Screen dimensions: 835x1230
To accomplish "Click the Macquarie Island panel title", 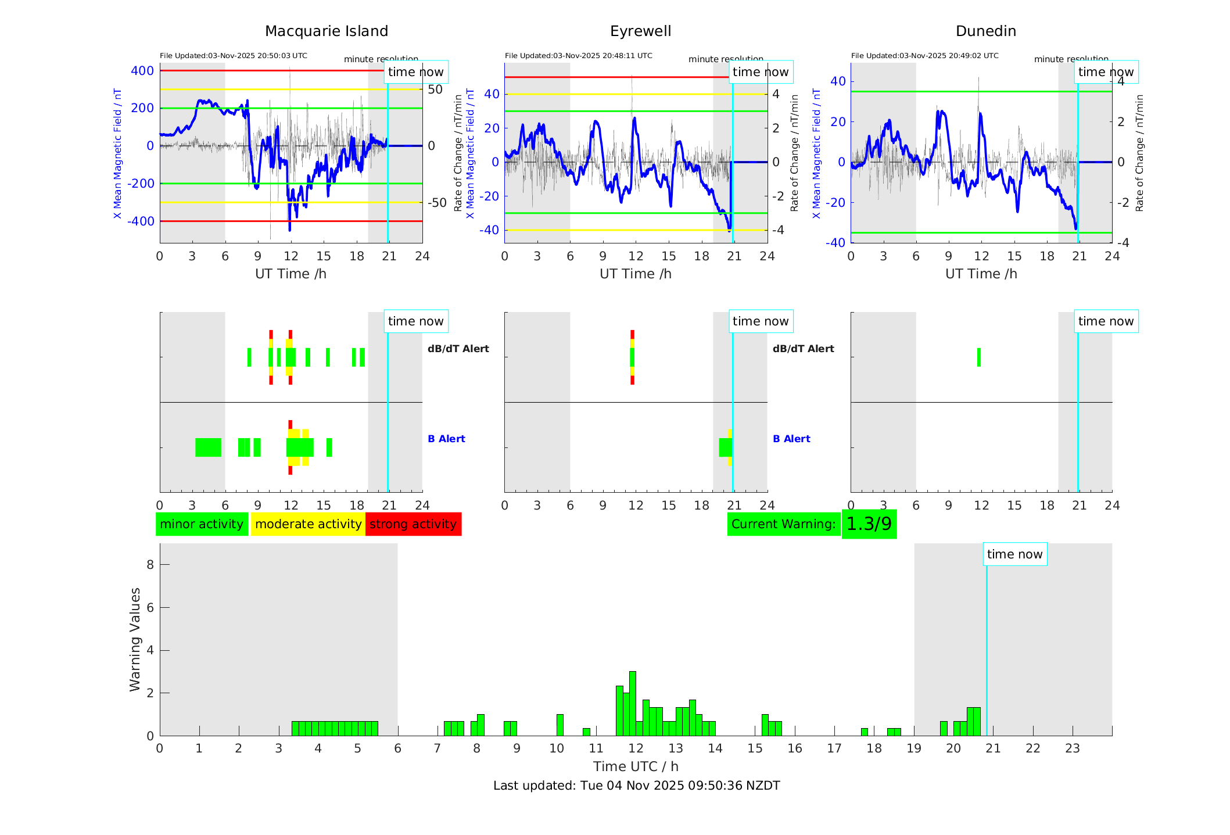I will pyautogui.click(x=327, y=31).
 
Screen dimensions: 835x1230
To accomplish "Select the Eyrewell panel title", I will pyautogui.click(x=640, y=31).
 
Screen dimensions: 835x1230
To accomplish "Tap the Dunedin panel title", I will pyautogui.click(x=985, y=31).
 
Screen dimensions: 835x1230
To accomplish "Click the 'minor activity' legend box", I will pyautogui.click(x=202, y=524).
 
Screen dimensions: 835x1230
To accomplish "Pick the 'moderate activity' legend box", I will pyautogui.click(x=308, y=524).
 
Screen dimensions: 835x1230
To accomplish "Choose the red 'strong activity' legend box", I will pyautogui.click(x=413, y=524).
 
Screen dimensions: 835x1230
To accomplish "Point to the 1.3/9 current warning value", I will pyautogui.click(x=869, y=524).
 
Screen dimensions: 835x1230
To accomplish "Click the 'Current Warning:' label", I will pyautogui.click(x=783, y=524).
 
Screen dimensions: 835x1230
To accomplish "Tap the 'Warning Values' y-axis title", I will pyautogui.click(x=135, y=639).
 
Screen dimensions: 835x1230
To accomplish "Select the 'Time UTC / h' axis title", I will pyautogui.click(x=636, y=766).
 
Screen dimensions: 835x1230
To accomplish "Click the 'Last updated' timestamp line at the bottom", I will pyautogui.click(x=636, y=786).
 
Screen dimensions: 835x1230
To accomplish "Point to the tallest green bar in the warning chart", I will pyautogui.click(x=633, y=703).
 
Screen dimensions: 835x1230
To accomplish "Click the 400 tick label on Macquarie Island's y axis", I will pyautogui.click(x=142, y=71).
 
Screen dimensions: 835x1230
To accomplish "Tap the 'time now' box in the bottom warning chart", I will pyautogui.click(x=1014, y=554).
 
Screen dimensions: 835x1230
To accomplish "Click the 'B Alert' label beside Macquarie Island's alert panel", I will pyautogui.click(x=446, y=439).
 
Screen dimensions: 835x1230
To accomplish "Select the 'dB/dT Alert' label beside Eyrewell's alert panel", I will pyautogui.click(x=803, y=349).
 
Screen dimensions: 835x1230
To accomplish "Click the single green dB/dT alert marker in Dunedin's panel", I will pyautogui.click(x=979, y=357).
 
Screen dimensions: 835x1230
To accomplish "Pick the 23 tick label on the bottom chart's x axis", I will pyautogui.click(x=1073, y=748).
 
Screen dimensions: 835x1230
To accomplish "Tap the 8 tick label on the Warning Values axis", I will pyautogui.click(x=150, y=564).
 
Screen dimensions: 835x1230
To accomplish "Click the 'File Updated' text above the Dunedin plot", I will pyautogui.click(x=924, y=56).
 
